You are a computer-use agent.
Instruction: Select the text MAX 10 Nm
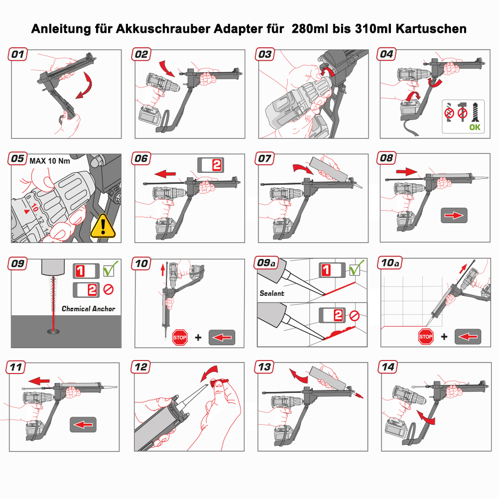pyautogui.click(x=50, y=161)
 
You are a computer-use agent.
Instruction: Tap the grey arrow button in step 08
pyautogui.click(x=453, y=215)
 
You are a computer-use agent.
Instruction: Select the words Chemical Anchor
pyautogui.click(x=88, y=309)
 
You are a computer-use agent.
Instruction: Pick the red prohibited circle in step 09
pyautogui.click(x=109, y=289)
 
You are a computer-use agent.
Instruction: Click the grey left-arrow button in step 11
pyautogui.click(x=83, y=424)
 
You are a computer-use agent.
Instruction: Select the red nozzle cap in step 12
pyautogui.click(x=219, y=381)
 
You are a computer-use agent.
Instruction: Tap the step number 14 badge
pyautogui.click(x=389, y=367)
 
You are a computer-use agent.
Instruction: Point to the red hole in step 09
pyautogui.click(x=51, y=329)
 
